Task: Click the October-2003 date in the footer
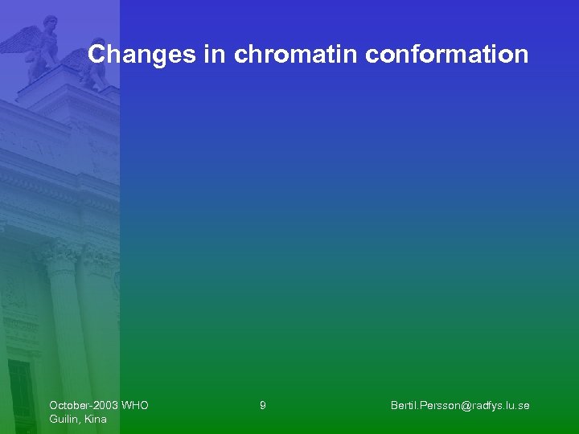point(82,406)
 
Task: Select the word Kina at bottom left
point(95,420)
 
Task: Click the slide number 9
point(263,406)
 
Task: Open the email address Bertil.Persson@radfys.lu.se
point(459,406)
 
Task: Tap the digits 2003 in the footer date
point(105,406)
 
